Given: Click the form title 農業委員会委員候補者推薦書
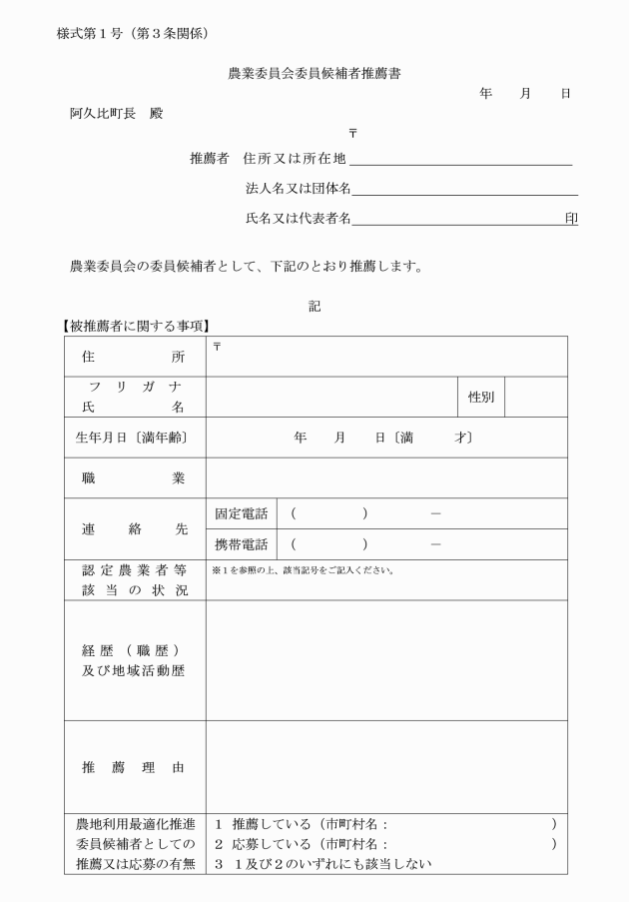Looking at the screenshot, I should pos(314,73).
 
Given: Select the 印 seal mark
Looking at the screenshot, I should pos(571,218).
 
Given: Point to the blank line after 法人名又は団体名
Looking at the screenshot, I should pos(464,189).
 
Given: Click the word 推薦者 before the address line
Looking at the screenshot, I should pos(210,159).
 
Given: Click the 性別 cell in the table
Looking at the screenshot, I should pos(481,397).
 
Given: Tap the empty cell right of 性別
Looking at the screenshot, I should pos(536,397).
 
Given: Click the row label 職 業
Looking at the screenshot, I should pos(133,478).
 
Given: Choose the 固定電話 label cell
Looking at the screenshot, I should pos(242,514).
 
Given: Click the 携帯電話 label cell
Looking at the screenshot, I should pos(242,545).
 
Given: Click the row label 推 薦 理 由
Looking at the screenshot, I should pos(133,768).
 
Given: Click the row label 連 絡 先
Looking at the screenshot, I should pos(133,529).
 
